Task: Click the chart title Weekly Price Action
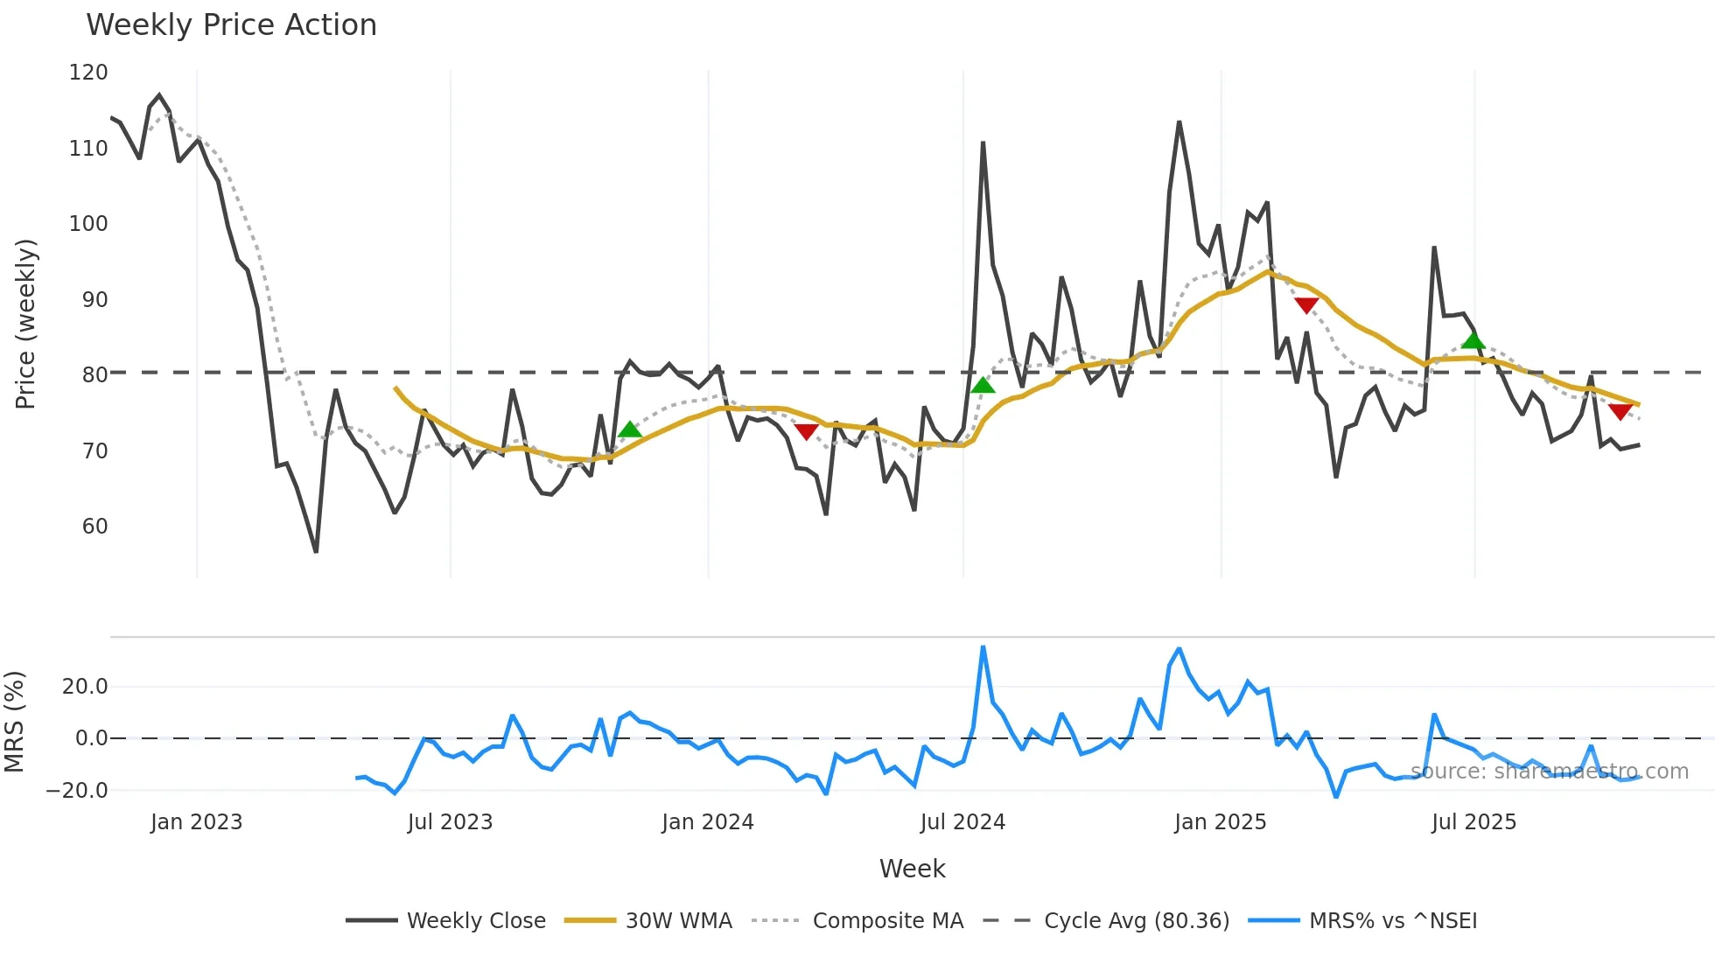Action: [231, 25]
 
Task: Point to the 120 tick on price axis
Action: [88, 73]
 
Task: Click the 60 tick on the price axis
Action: [94, 527]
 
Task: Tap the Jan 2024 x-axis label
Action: [707, 822]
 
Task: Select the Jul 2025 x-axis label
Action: [1473, 822]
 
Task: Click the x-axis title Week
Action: [912, 869]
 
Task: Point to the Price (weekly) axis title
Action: [25, 324]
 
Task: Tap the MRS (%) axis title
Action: [14, 722]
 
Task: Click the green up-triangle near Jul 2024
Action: [983, 385]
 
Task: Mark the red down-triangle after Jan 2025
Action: [1305, 305]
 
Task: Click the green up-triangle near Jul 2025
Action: [1473, 340]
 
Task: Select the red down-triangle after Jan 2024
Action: [806, 431]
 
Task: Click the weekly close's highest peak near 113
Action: [1179, 122]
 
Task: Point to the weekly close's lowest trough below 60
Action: [316, 551]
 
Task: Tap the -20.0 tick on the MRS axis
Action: [77, 791]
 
